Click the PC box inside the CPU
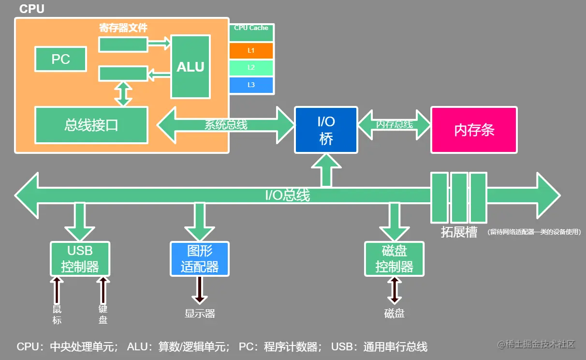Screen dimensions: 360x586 coord(61,59)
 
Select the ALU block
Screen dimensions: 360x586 coord(190,66)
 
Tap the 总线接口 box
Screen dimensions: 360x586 coord(91,125)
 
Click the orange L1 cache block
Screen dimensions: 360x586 coord(251,50)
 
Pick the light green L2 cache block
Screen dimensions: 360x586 coord(251,68)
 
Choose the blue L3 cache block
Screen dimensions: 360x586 coord(251,85)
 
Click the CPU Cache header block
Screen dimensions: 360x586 coord(251,32)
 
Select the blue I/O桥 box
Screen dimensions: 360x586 coord(326,130)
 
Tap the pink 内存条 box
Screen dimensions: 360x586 coord(474,130)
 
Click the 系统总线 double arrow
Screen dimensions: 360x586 coord(226,125)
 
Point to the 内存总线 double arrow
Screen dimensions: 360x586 coord(394,124)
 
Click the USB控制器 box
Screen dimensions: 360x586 coord(80,259)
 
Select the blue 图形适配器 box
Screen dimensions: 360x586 coord(199,259)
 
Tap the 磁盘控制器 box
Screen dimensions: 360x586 coord(394,259)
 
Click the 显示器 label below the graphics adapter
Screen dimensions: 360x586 coord(199,314)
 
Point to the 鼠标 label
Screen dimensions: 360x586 coord(57,315)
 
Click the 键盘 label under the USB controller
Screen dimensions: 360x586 coord(103,315)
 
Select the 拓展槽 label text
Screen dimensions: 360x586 coord(459,232)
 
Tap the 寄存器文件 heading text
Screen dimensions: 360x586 coord(123,28)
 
